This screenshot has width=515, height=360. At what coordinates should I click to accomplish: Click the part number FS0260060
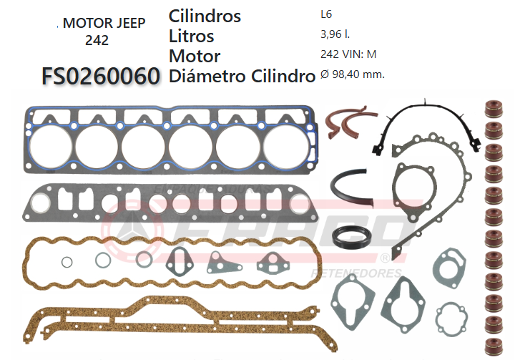(x=100, y=76)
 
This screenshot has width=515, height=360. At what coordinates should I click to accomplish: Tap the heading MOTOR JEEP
(x=104, y=23)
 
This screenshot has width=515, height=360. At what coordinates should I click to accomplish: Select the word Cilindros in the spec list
(x=205, y=16)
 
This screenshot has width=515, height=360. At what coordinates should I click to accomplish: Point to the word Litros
(x=191, y=36)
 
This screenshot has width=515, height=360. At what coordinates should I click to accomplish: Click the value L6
(x=326, y=14)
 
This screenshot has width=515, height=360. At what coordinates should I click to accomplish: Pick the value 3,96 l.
(x=335, y=34)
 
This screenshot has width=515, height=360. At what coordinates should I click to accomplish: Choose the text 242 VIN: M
(x=348, y=53)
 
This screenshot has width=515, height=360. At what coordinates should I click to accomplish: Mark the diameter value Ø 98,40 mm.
(x=353, y=73)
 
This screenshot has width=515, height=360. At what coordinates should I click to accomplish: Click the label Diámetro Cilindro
(x=242, y=76)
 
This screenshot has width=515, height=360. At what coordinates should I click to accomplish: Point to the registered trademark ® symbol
(x=385, y=256)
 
